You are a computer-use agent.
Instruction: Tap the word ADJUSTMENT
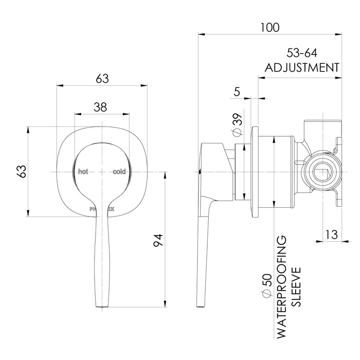tap(301, 68)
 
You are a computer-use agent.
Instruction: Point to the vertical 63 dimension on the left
tap(22, 171)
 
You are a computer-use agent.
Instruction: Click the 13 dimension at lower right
tap(332, 235)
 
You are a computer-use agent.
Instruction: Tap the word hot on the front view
tap(83, 171)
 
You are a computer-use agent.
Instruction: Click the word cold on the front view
tap(119, 171)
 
